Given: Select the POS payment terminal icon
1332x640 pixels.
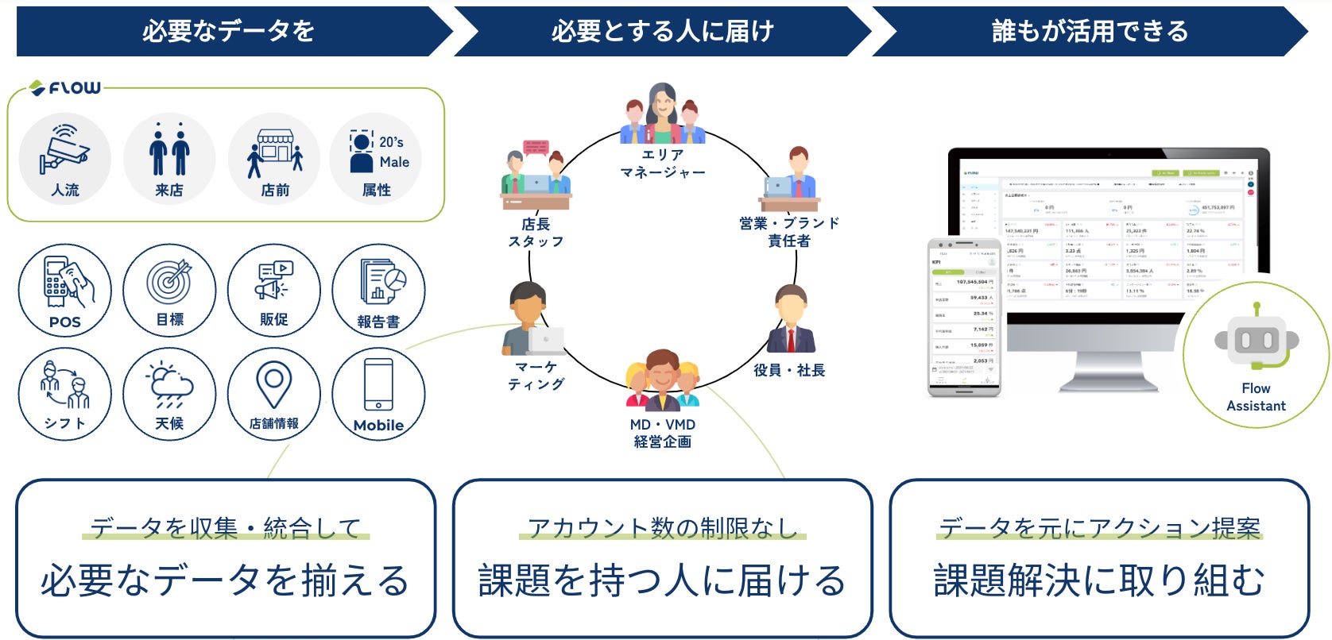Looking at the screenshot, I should click(65, 282).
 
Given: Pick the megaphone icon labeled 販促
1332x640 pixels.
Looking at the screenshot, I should click(273, 280).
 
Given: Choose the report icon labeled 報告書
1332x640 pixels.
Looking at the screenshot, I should click(380, 282).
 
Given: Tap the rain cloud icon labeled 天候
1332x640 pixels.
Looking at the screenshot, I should click(170, 385).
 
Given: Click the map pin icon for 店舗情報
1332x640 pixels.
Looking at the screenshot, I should click(273, 384).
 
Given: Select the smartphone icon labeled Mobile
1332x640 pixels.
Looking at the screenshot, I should click(378, 384).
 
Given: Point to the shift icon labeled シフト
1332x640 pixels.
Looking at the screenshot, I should click(65, 385).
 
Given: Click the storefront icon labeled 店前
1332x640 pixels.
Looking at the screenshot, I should click(275, 152).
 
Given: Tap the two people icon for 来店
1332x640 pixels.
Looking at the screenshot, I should click(169, 150).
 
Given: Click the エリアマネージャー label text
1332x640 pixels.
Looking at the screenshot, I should click(662, 164).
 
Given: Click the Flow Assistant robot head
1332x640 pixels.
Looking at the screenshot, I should click(1256, 341).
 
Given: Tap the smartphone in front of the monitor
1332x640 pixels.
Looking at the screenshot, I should click(963, 317).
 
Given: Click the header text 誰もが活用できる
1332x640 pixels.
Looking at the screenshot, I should click(1090, 31).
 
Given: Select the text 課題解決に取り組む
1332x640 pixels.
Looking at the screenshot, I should click(1098, 580).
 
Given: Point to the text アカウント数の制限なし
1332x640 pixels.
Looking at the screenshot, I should click(662, 528).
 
